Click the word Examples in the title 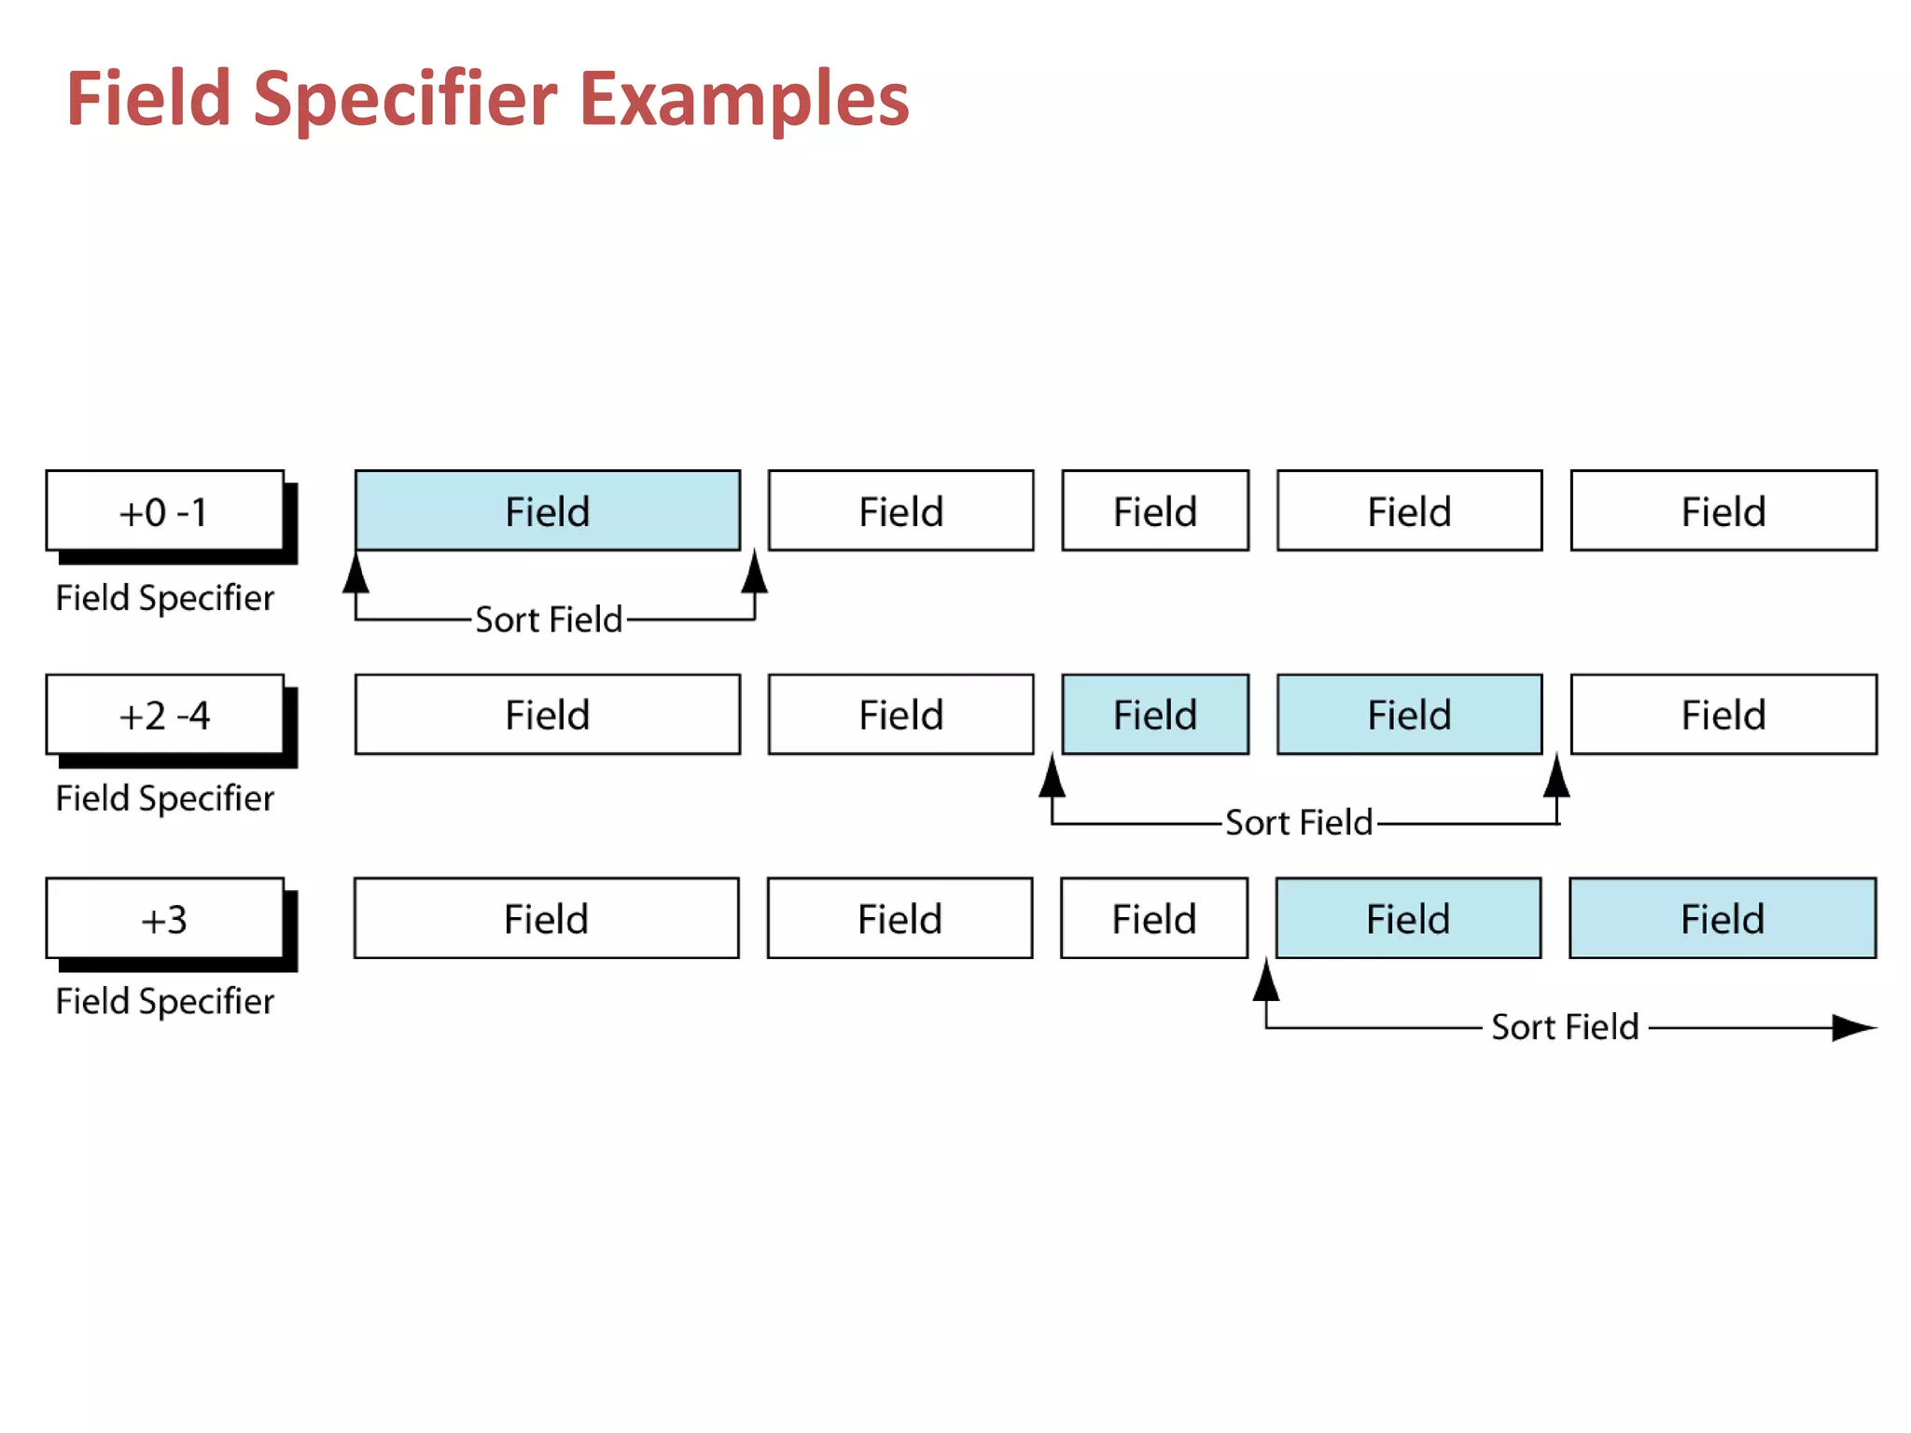744,99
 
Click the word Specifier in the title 405,99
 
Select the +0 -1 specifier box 164,511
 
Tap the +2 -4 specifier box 164,715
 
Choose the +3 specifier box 164,919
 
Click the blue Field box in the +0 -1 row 548,511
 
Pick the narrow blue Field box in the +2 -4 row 1155,715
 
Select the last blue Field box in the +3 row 1723,919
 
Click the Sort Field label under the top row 549,619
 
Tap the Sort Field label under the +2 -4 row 1299,823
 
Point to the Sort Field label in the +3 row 1565,1027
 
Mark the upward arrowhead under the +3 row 1266,981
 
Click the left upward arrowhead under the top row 356,575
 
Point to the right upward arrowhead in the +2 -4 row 1556,778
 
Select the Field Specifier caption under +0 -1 165,598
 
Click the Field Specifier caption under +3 165,1001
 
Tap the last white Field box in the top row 1723,511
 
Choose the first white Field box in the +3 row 547,919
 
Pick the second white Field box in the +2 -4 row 900,715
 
